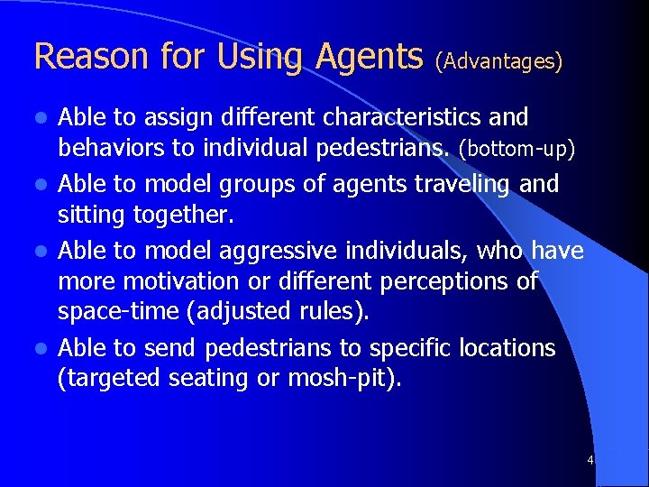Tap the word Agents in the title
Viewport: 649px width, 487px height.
pyautogui.click(x=370, y=57)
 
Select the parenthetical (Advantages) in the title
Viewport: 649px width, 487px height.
pyautogui.click(x=498, y=60)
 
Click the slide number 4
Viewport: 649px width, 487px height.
pyautogui.click(x=590, y=460)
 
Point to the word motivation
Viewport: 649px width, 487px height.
pyautogui.click(x=171, y=281)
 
